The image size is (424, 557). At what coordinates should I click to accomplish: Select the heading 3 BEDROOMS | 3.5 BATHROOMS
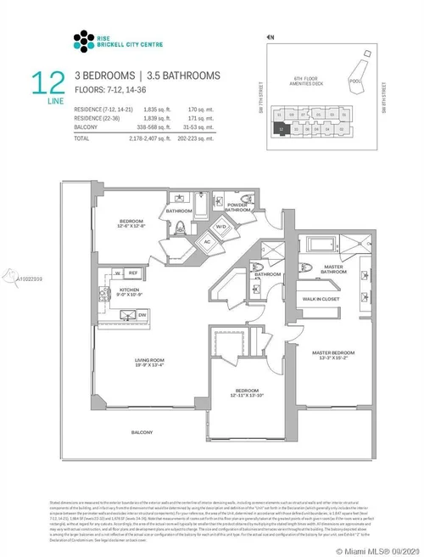tap(147, 76)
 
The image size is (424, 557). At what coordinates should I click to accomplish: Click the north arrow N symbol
tap(271, 37)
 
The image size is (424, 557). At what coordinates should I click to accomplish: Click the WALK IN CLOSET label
tap(323, 300)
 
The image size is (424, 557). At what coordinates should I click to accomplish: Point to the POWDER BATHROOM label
tap(237, 206)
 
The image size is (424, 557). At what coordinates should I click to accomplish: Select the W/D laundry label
tap(220, 227)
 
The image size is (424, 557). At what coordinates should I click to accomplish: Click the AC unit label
tap(205, 239)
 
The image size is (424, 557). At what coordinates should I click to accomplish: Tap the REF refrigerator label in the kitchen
tap(133, 273)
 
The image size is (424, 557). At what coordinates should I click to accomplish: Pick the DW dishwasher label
tap(142, 313)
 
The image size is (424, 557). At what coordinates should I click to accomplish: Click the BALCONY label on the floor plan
tap(142, 432)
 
